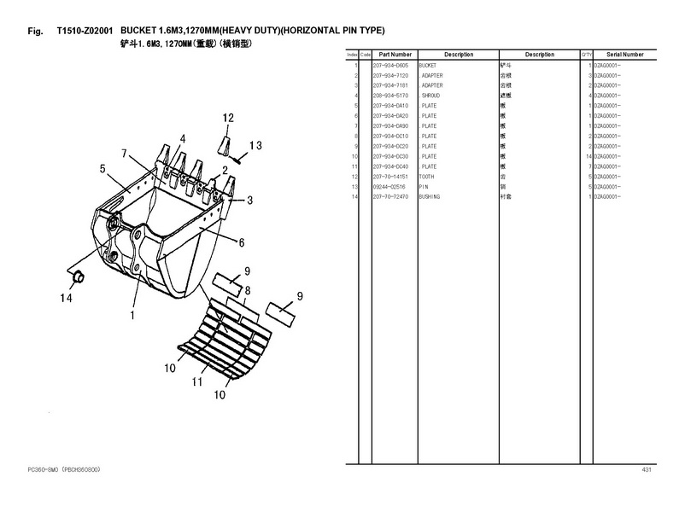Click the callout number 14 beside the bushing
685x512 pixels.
66,298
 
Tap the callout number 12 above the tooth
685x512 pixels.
228,117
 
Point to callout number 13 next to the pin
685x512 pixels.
255,145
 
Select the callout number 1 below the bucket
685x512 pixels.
132,315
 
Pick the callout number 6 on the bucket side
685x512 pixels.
242,242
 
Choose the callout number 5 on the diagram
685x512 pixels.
103,169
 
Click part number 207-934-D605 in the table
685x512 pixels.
390,66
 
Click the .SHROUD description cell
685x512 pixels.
430,96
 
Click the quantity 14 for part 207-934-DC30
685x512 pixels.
588,156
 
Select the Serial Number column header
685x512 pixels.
626,55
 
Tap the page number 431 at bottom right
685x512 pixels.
646,470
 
